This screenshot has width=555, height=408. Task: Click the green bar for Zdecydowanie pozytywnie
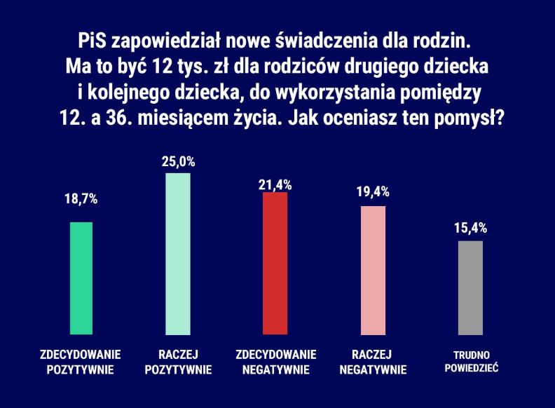[x=81, y=278]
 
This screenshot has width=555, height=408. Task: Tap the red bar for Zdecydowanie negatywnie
[x=275, y=263]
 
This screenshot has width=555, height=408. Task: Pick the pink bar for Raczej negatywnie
[x=373, y=270]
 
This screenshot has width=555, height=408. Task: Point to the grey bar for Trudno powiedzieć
[x=470, y=287]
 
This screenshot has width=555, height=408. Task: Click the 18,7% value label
[x=81, y=200]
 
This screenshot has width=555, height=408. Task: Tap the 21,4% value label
[x=275, y=185]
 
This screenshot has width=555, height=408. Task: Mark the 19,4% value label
[x=373, y=191]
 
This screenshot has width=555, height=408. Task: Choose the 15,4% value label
[x=470, y=228]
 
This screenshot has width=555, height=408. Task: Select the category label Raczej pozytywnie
[x=177, y=362]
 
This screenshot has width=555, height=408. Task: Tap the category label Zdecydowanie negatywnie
[x=275, y=362]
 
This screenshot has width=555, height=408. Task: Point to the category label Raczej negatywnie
[x=373, y=362]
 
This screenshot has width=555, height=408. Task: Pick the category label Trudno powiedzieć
[x=471, y=361]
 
